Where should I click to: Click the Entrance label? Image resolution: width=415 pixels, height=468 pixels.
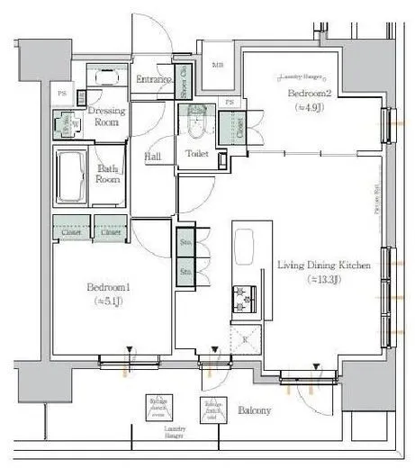pos(152,80)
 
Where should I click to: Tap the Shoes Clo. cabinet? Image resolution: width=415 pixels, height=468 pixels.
pos(184,82)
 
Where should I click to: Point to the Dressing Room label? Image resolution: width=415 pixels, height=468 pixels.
pos(106,115)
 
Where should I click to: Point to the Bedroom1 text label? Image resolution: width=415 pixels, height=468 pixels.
pos(108,287)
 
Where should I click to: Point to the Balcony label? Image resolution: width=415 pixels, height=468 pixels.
pos(255,410)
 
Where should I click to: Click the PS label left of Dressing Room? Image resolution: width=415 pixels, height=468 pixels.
pos(61,94)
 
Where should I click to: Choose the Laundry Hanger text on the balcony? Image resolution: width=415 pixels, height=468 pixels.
pos(176,433)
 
